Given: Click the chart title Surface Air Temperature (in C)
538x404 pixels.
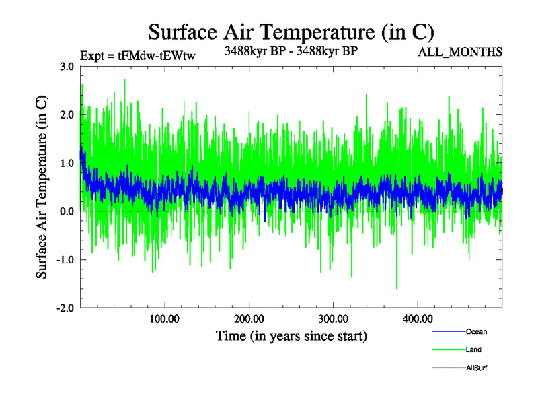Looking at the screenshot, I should [291, 32].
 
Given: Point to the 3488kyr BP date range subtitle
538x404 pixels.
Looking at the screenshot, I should [291, 50].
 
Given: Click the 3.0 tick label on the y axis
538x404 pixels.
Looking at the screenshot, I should [67, 67].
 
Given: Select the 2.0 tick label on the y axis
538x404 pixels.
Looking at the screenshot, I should [67, 115].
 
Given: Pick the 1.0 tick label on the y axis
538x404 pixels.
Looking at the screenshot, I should [67, 164].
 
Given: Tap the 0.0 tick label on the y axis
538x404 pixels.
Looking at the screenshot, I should [67, 211].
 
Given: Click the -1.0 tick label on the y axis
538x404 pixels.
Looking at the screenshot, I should [65, 260].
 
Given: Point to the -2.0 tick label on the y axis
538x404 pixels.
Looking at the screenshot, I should [65, 308].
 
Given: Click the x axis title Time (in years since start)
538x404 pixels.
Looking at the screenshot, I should [291, 335].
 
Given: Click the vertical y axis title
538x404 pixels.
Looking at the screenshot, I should [42, 187].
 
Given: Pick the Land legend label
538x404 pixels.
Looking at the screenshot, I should [473, 350].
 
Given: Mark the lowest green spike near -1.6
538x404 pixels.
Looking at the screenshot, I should [397, 288].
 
